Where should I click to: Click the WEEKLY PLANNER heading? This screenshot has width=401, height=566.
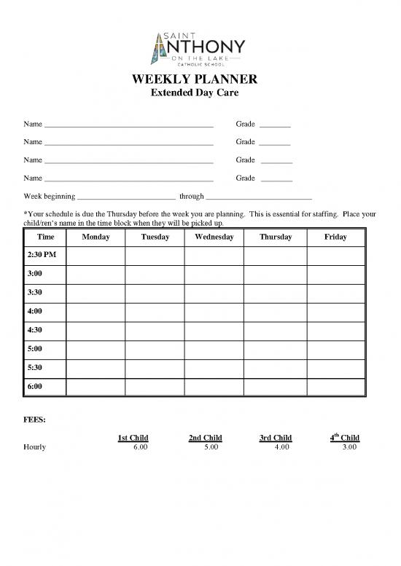[200, 79]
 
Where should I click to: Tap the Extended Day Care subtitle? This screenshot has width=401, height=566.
[200, 93]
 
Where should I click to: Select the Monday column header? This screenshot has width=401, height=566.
[96, 237]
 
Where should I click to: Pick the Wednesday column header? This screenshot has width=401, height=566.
[214, 237]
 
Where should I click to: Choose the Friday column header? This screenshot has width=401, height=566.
[335, 237]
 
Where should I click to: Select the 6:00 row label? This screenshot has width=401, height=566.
[34, 386]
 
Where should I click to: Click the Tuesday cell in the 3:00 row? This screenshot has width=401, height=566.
[155, 275]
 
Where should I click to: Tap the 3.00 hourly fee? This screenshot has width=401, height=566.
[349, 447]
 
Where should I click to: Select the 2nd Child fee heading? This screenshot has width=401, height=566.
[205, 438]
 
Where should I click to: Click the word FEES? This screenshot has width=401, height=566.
[34, 420]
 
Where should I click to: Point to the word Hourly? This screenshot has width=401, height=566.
[35, 447]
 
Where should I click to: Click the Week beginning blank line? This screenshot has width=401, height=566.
[126, 197]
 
